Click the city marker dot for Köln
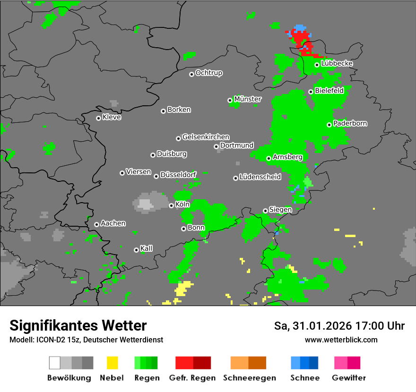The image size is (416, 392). [x=171, y=205]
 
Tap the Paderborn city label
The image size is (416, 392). [x=350, y=123]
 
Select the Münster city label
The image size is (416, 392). [x=248, y=99]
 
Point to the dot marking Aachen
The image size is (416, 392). [x=96, y=224]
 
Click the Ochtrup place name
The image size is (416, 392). [x=209, y=73]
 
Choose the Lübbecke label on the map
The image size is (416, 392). [x=337, y=64]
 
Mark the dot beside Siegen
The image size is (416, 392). [x=265, y=211]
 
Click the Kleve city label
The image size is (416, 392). [x=112, y=117]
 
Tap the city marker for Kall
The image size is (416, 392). [x=136, y=250]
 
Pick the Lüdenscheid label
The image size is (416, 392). [x=260, y=177]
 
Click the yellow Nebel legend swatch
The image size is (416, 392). [x=112, y=363]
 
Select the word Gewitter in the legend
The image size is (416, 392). [x=349, y=378]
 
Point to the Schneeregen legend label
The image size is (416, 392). [x=250, y=378]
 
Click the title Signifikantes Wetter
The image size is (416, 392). [x=78, y=325]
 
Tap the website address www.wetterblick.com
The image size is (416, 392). [x=341, y=340]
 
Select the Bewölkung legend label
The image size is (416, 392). [x=69, y=378]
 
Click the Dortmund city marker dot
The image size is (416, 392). [x=216, y=146]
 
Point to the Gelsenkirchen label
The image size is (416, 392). [x=206, y=137]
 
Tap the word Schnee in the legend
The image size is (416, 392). [x=305, y=378]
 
